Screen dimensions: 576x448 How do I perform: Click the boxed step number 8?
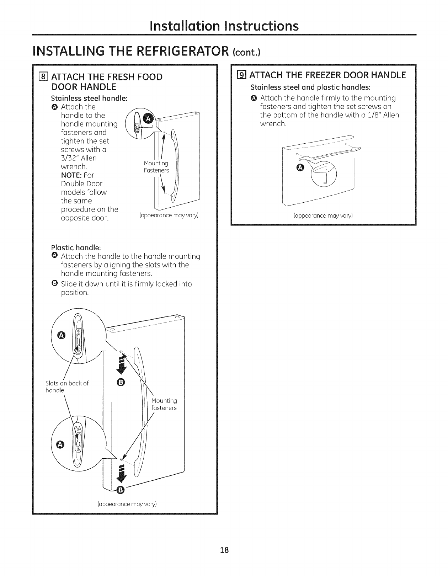43,77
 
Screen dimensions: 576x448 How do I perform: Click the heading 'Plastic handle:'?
75,247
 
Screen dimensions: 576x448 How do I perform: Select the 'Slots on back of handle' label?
67,386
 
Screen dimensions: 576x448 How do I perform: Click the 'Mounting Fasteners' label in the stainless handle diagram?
156,167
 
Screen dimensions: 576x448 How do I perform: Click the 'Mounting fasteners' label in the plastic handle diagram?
164,404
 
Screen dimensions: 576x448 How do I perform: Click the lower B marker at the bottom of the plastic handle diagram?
120,491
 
